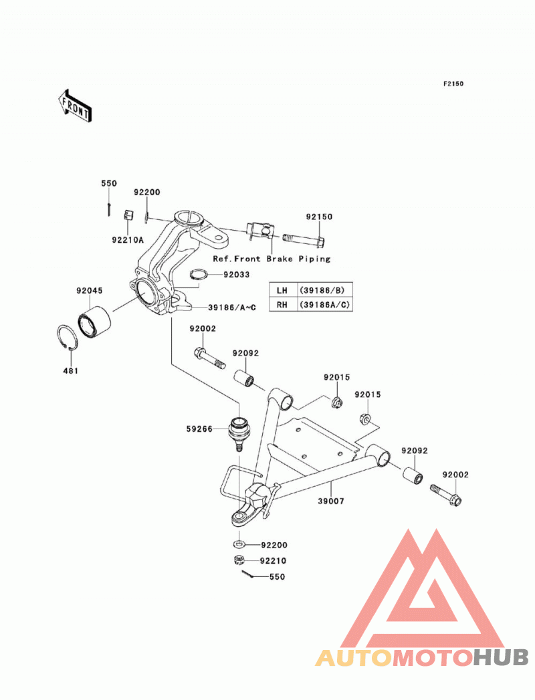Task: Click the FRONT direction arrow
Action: click(x=75, y=106)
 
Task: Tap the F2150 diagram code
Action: click(x=453, y=84)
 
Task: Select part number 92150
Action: click(x=319, y=217)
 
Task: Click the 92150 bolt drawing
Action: click(x=303, y=241)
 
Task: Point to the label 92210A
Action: click(x=128, y=240)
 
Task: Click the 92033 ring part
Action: click(x=199, y=274)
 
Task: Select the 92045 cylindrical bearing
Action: click(x=94, y=321)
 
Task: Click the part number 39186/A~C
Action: click(x=232, y=307)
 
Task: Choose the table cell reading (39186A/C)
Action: click(x=324, y=304)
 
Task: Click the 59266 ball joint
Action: click(x=239, y=433)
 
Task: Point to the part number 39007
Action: click(x=331, y=501)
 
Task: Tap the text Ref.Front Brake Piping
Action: click(x=272, y=259)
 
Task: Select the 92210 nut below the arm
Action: click(x=239, y=560)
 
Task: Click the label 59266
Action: click(x=199, y=429)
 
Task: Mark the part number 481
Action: click(x=71, y=370)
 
